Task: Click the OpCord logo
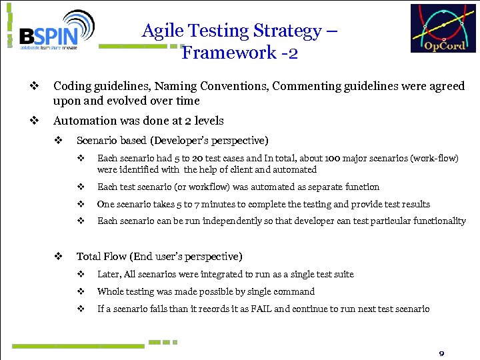pyautogui.click(x=443, y=29)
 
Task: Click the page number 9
pyautogui.click(x=441, y=352)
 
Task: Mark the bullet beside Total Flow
pyautogui.click(x=58, y=256)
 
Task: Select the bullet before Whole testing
pyautogui.click(x=80, y=291)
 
